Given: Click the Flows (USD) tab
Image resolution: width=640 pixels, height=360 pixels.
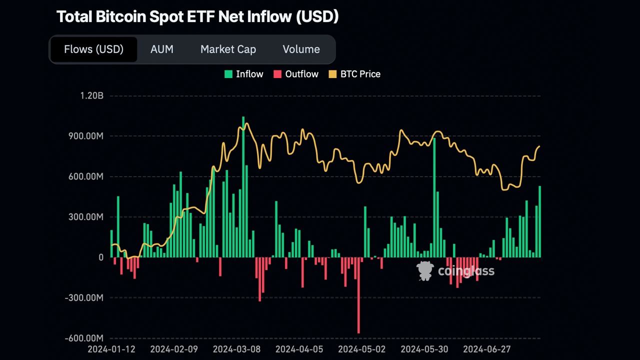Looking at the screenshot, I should click(93, 49).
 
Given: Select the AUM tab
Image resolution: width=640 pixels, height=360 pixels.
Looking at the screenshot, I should click(162, 49).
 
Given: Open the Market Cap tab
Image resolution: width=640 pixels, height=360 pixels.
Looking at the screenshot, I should click(228, 49).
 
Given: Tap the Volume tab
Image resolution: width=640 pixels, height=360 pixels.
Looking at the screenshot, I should click(301, 49).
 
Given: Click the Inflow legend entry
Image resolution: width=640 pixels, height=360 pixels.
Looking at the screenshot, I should click(243, 74).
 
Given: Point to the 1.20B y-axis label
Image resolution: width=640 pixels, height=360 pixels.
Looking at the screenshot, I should click(91, 95).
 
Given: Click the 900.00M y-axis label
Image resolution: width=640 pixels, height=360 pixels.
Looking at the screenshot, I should click(86, 136).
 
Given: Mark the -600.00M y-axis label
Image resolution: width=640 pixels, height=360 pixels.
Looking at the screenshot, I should click(84, 338).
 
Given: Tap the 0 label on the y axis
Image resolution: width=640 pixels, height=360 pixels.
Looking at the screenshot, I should click(100, 257).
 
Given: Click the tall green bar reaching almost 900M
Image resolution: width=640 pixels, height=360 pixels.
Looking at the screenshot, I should click(434, 200).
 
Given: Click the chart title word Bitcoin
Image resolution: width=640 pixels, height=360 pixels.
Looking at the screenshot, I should click(123, 16).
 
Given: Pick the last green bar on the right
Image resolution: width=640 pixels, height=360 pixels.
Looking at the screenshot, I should click(539, 222).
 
